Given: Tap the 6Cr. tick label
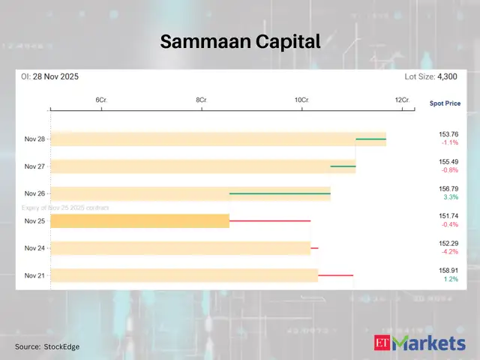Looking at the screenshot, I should (100, 100).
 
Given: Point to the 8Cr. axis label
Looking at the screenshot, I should (201, 100).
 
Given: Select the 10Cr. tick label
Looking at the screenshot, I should (301, 100).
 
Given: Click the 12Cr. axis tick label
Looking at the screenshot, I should (402, 100).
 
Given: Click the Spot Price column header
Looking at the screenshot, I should (445, 103).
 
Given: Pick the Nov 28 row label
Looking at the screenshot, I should (34, 139).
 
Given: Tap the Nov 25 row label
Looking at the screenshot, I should (34, 221).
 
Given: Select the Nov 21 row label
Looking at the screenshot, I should (34, 275).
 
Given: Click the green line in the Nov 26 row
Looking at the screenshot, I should (280, 193).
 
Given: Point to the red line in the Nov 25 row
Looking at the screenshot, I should (270, 221).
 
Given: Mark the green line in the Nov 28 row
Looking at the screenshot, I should (370, 139).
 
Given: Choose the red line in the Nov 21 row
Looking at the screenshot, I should (335, 276).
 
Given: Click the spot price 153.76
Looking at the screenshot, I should (448, 134).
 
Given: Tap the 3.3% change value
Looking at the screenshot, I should (451, 197).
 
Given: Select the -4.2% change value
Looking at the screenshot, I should (449, 252).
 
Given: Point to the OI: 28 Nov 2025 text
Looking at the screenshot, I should (50, 77).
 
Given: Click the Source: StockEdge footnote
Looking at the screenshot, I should (46, 346).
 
